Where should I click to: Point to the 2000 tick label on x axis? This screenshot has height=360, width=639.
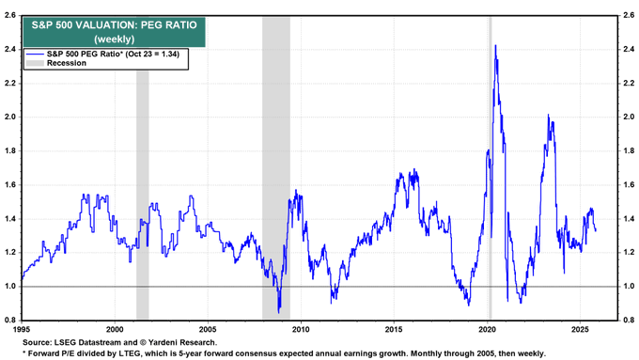pos(114,329)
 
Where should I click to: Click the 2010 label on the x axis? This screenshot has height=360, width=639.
pos(300,329)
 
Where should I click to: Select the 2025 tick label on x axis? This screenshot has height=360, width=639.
pos(579,329)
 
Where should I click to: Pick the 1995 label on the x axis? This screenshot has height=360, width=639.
pos(21,329)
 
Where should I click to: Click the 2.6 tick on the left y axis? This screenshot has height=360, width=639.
pos(9,15)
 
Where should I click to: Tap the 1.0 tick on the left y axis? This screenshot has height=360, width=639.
pos(9,287)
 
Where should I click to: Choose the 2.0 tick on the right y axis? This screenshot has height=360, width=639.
pos(627,117)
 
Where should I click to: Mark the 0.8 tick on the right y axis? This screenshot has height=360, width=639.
pos(627,321)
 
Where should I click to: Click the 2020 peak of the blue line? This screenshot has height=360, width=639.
pos(494,46)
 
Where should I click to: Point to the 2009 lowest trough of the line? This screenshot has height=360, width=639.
pos(279,312)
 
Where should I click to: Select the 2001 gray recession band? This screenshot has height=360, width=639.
pos(143,188)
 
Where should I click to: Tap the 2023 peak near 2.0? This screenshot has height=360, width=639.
pos(549,117)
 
